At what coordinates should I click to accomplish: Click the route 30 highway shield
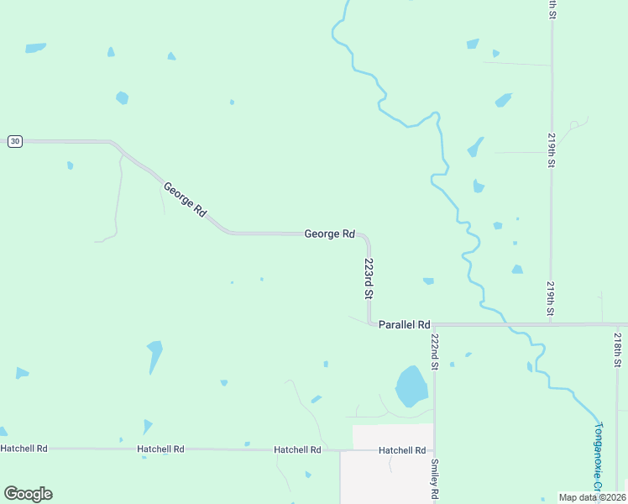pos(14,141)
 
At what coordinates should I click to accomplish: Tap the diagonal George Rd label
pos(185,200)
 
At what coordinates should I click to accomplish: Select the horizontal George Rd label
pos(329,234)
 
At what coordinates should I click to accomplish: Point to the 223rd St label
pos(369,278)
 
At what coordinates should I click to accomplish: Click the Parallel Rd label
pos(404,324)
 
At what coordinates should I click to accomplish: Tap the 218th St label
pos(617,349)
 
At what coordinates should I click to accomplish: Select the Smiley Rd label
pos(435,479)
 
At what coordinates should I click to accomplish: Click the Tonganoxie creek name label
pos(598,458)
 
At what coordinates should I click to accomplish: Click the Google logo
pos(28,494)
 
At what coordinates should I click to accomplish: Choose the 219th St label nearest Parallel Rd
pos(551,299)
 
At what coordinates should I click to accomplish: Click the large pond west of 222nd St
pos(411,386)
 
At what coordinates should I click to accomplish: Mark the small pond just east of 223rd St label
pos(428,281)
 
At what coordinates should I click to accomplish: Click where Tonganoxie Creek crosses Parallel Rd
pos(506,324)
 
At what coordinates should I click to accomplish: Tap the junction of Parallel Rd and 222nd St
pos(434,324)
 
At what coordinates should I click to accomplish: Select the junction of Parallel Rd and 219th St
pos(552,324)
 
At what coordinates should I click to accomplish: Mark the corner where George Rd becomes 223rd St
pos(366,238)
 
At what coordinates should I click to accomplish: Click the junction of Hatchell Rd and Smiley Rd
pos(434,450)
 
